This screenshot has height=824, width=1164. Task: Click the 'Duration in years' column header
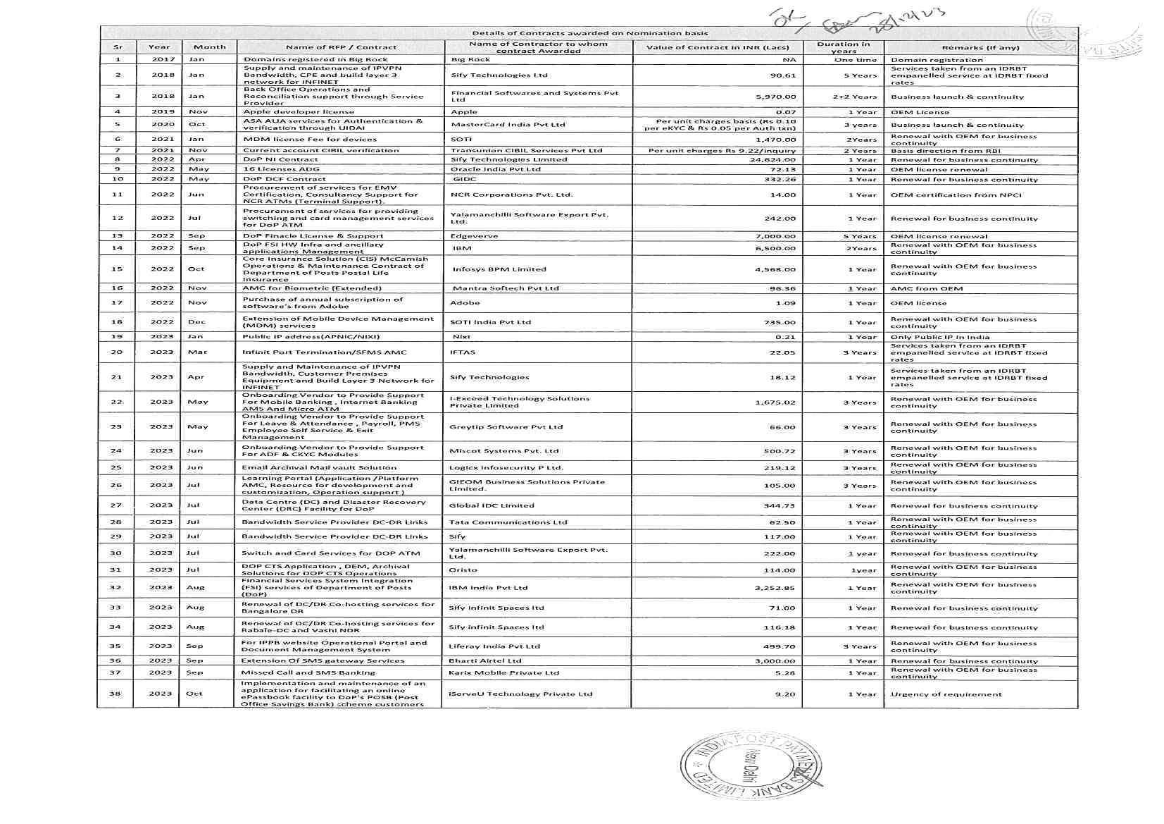(x=843, y=47)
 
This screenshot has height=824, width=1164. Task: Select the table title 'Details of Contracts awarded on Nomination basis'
(x=589, y=33)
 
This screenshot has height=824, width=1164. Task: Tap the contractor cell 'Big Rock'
(x=470, y=60)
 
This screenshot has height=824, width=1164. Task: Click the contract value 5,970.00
(x=775, y=97)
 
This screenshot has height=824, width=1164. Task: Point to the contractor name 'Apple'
(x=464, y=112)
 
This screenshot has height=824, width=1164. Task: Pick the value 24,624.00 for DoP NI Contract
(x=772, y=160)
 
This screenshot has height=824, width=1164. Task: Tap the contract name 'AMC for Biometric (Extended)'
(x=312, y=288)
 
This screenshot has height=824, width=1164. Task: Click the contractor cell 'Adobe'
(x=465, y=303)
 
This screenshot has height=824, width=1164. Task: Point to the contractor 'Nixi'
(x=461, y=337)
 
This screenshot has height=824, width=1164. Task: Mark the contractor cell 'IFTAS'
(x=463, y=352)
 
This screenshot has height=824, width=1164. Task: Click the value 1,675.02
(x=775, y=402)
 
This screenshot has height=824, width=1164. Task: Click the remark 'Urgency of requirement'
(x=946, y=694)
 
